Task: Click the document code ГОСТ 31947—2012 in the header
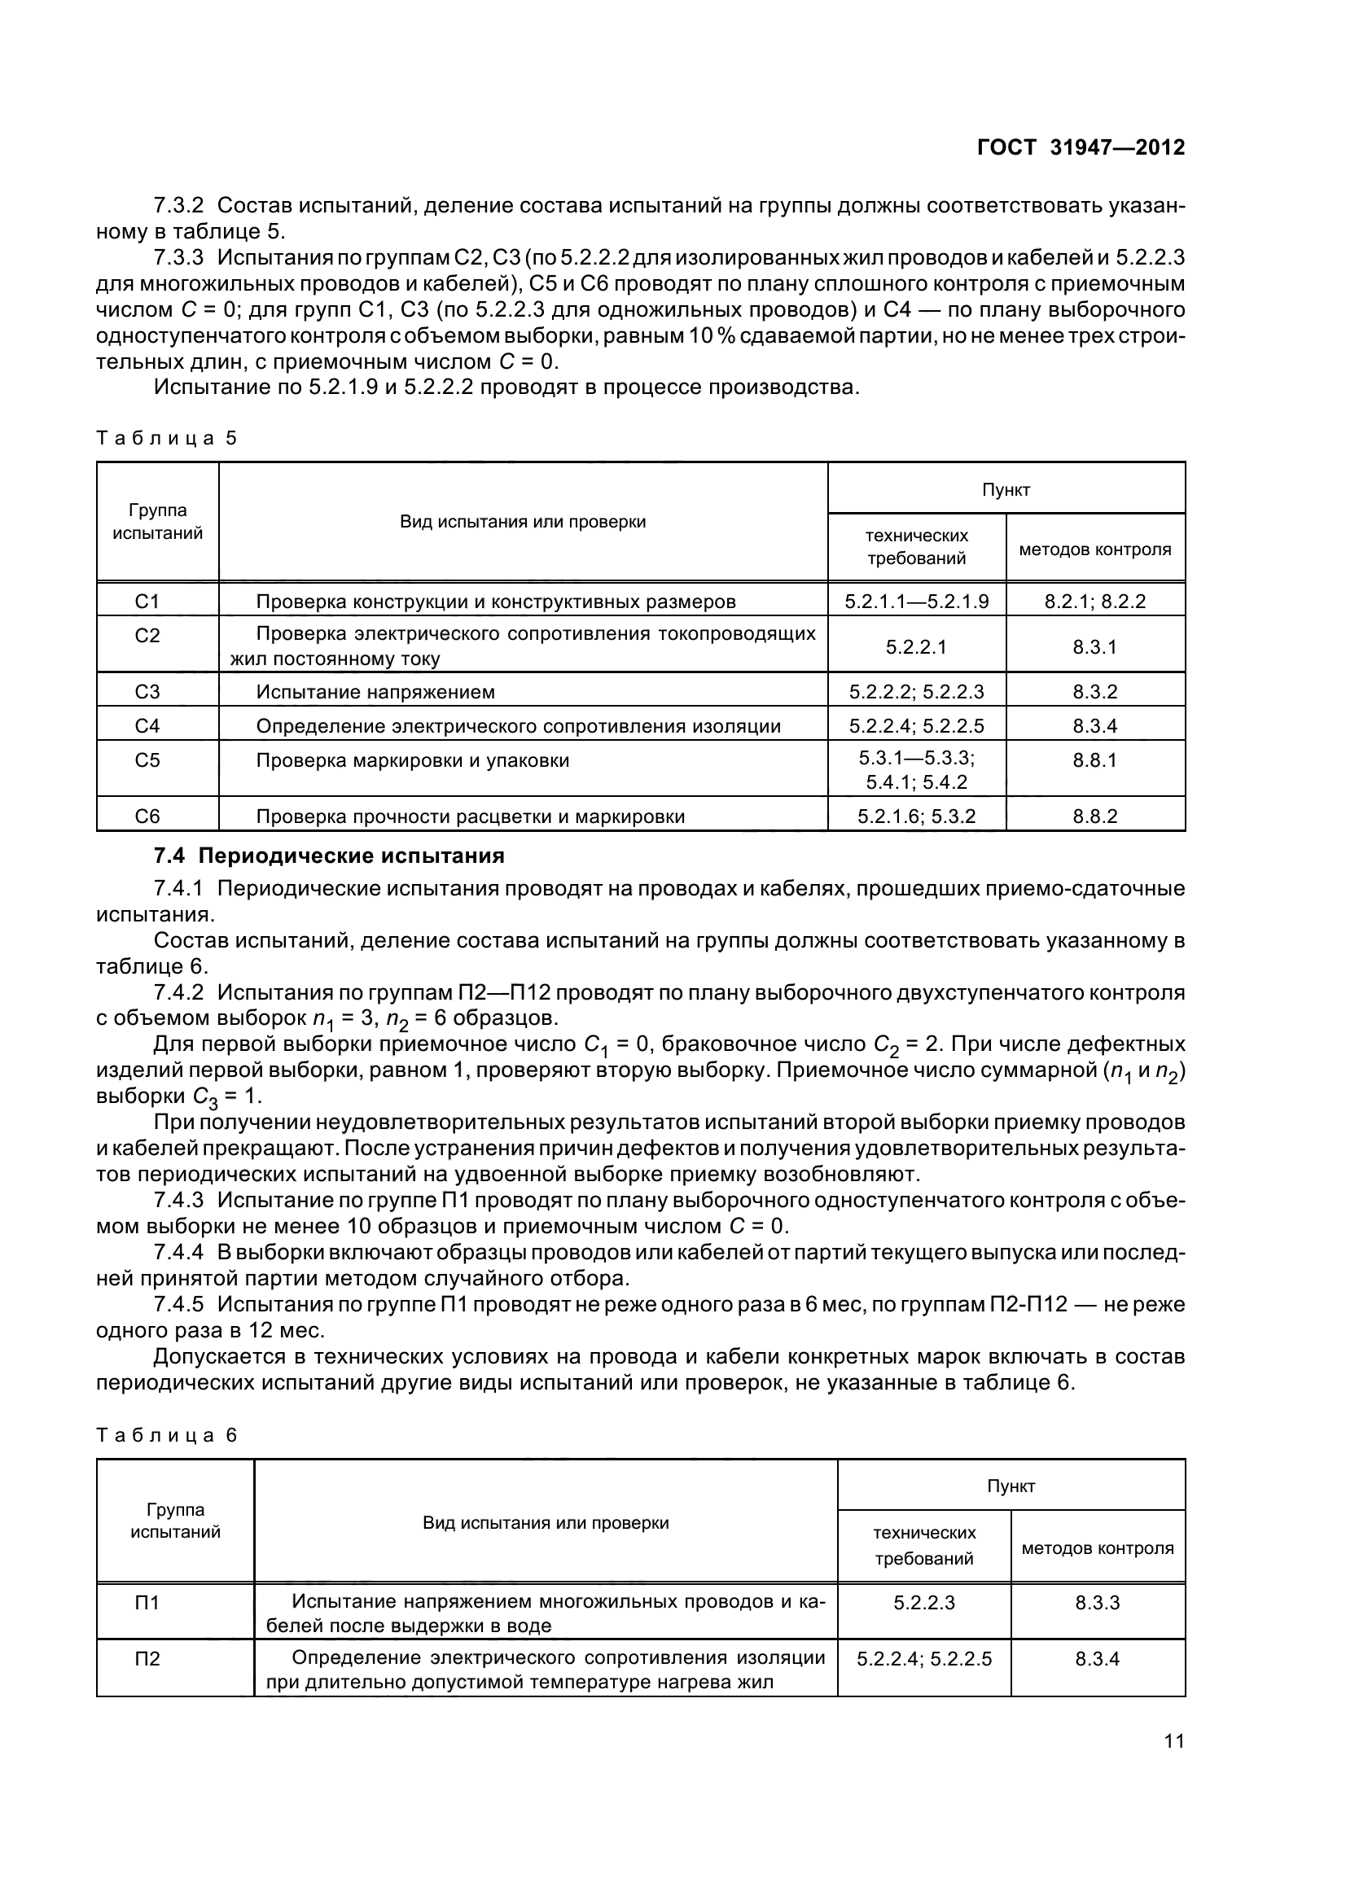click(1081, 147)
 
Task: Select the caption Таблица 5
click(167, 438)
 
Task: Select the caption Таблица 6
click(167, 1435)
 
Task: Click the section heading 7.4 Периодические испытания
click(329, 856)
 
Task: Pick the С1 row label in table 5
click(147, 601)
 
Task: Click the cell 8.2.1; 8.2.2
click(1094, 602)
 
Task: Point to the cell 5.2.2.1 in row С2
click(915, 647)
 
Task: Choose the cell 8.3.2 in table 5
click(1094, 692)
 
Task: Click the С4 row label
click(147, 726)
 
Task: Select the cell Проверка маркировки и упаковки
click(412, 760)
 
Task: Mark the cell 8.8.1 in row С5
click(1094, 760)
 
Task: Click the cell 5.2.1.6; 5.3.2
click(915, 816)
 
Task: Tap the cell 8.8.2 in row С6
click(1094, 816)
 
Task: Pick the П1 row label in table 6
click(147, 1603)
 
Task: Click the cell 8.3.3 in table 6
click(1097, 1603)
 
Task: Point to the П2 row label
click(147, 1658)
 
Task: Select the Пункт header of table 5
click(1005, 490)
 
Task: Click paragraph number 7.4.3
click(178, 1200)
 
